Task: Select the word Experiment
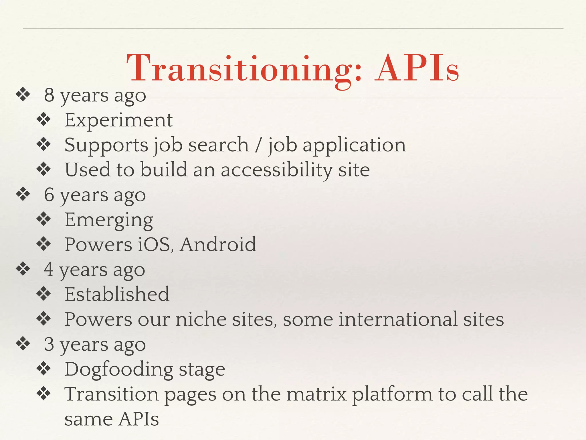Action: point(118,120)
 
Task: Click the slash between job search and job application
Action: point(258,145)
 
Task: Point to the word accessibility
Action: point(276,170)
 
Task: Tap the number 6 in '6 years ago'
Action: point(49,195)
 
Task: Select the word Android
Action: point(218,244)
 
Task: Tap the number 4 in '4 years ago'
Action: point(49,270)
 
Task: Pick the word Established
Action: point(117,294)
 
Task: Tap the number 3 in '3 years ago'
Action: point(49,344)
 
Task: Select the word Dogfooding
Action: point(119,370)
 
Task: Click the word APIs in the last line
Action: point(138,419)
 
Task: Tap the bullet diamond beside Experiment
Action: point(44,119)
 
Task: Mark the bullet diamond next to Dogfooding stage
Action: point(44,369)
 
